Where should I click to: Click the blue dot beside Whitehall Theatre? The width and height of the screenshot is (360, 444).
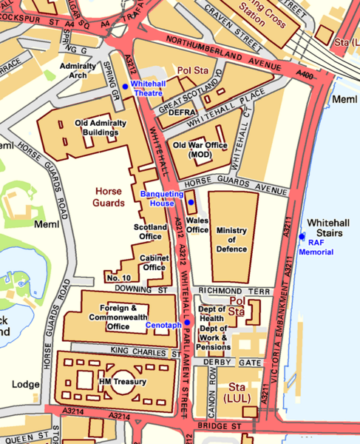click(125, 87)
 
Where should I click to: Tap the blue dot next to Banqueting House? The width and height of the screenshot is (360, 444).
click(191, 202)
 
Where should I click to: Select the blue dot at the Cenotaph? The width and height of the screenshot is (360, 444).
click(187, 323)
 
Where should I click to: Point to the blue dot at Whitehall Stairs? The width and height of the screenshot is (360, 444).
click(302, 236)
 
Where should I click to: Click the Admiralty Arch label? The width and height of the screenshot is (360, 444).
click(84, 70)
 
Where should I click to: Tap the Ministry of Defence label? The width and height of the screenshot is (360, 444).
click(231, 240)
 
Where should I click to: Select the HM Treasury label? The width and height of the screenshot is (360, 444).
click(123, 382)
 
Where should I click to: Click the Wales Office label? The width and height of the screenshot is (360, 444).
click(197, 224)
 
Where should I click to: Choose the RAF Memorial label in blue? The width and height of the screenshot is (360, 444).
click(316, 247)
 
